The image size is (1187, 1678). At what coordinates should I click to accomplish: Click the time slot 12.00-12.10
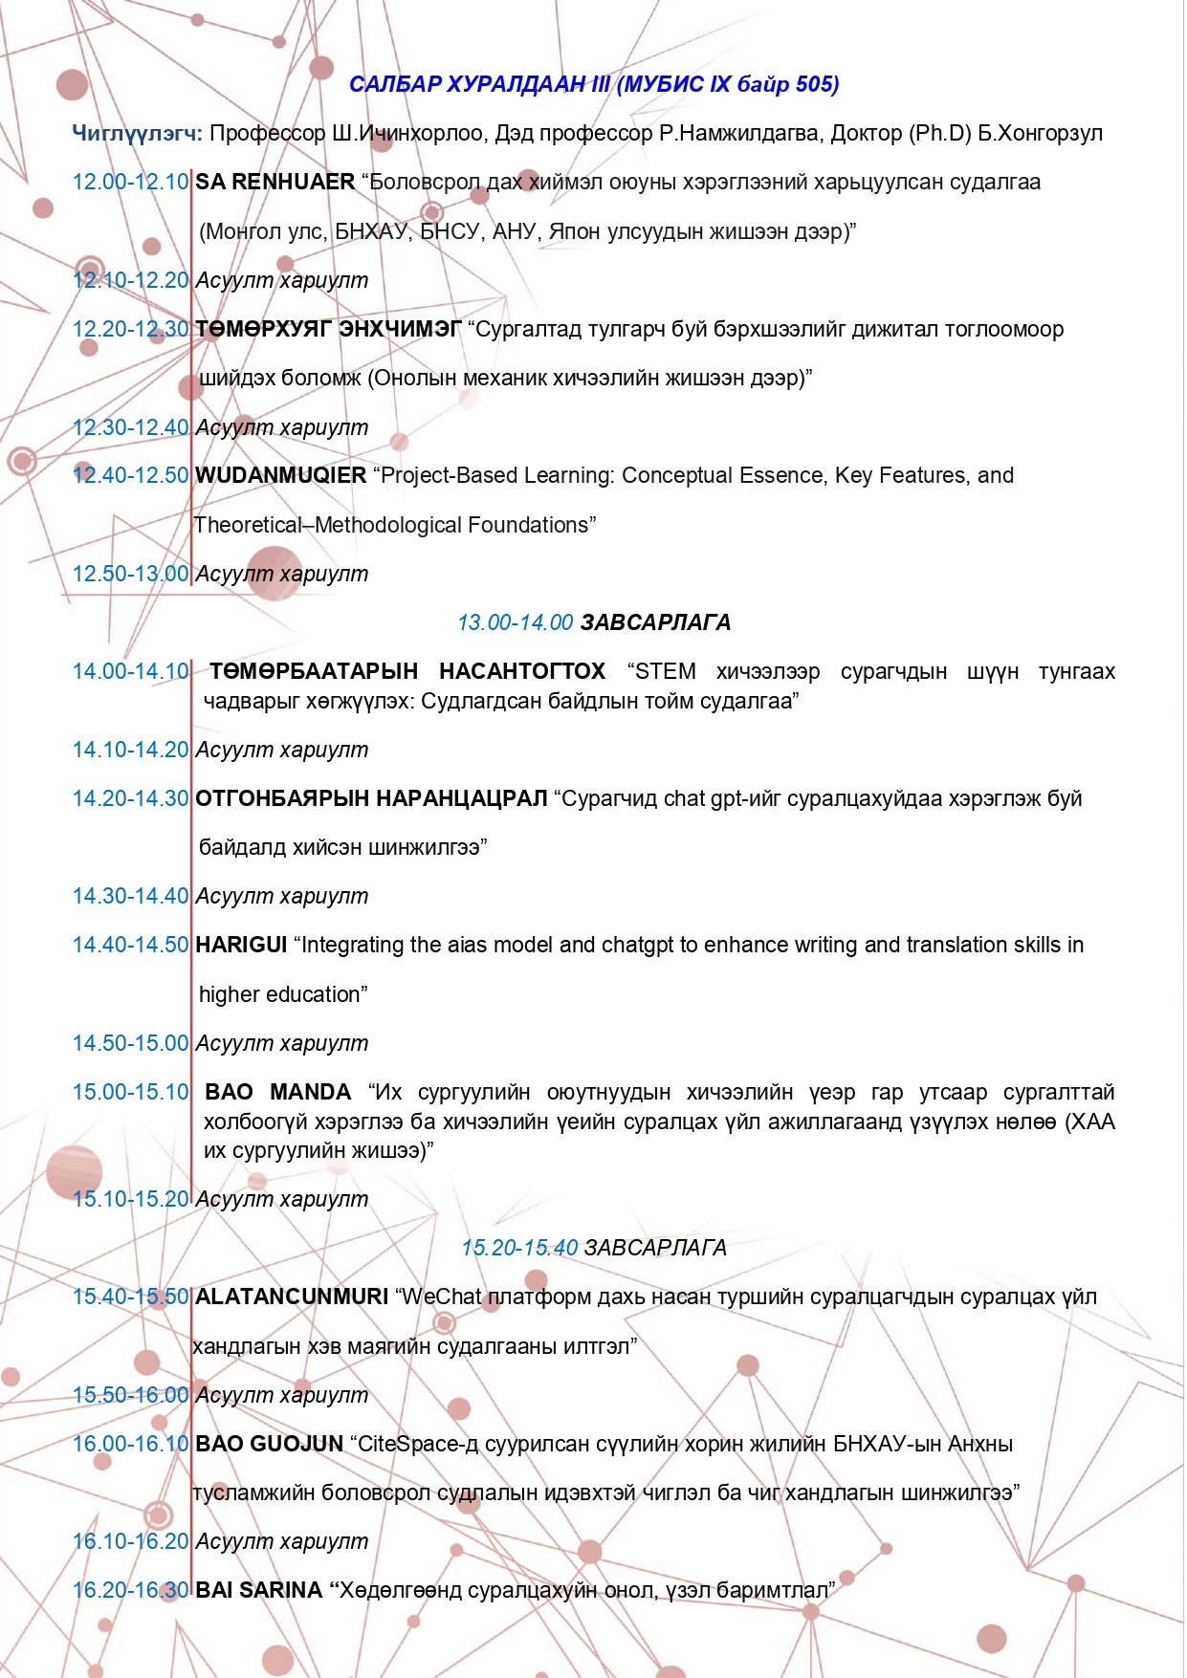pos(131,182)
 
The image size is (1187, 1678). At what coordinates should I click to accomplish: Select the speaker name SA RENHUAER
pos(275,182)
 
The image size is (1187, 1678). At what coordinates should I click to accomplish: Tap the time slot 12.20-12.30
pos(131,329)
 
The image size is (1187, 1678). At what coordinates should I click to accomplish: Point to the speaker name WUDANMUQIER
pos(281,475)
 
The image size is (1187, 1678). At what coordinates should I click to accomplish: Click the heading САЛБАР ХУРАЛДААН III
pos(479,84)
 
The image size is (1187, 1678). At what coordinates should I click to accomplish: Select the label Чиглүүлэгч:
pos(137,133)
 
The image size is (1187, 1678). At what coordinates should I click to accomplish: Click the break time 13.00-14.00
pos(515,622)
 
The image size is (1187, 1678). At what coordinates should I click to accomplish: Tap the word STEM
pos(666,671)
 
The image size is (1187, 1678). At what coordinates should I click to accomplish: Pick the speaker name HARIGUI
pos(241,945)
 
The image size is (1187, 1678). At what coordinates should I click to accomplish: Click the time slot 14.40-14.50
pos(131,945)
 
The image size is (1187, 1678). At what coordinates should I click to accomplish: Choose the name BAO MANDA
pos(278,1092)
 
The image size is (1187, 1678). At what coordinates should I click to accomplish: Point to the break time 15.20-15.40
pos(519,1248)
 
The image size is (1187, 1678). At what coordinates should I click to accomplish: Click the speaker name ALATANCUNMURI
pos(292,1297)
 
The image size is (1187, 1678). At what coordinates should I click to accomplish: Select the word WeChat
pos(442,1297)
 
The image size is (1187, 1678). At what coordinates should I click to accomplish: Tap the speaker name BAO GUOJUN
pos(269,1444)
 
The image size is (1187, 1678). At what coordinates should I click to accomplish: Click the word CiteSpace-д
pos(418,1444)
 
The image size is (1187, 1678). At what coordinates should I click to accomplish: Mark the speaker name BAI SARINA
pos(259,1590)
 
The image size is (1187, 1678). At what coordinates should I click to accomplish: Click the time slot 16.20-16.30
pos(131,1590)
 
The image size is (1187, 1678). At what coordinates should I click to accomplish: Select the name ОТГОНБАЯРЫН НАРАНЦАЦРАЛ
pos(371,798)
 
